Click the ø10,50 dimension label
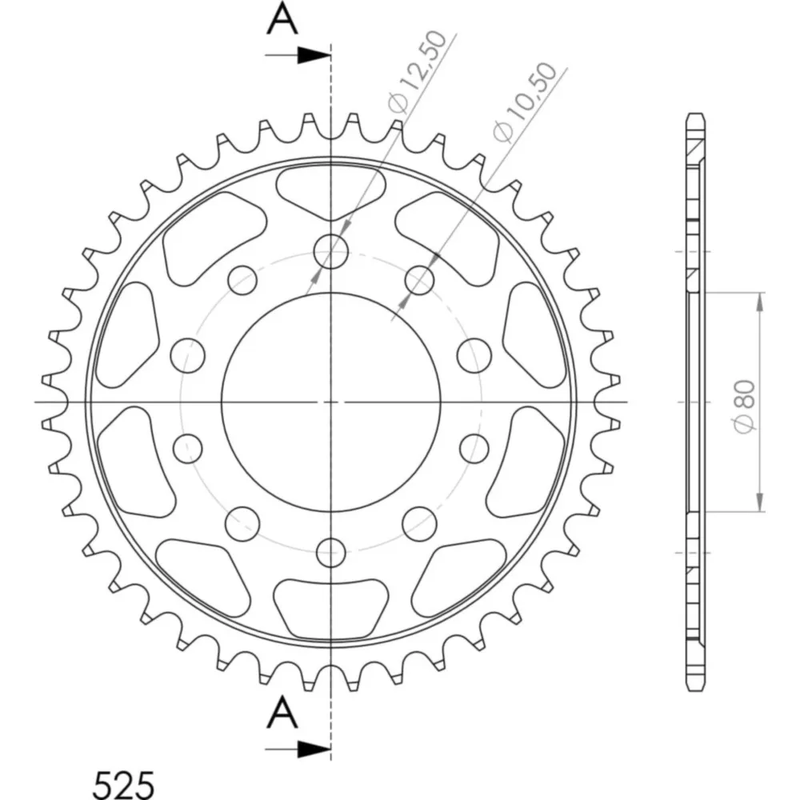526,102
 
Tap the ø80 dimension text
746,406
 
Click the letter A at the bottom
282,713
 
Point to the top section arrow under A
298,56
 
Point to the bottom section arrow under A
298,750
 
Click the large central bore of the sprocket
330,402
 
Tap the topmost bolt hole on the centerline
330,251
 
